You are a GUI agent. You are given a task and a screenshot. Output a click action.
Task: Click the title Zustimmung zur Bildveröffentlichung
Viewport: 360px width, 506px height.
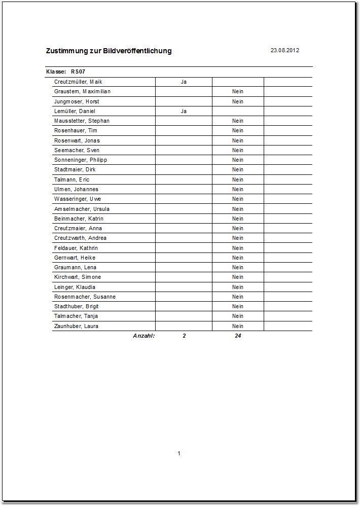(x=109, y=51)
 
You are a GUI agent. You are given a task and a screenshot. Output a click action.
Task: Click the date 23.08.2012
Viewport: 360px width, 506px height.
(x=285, y=50)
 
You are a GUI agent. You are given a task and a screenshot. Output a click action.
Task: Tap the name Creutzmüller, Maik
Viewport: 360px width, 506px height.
(x=78, y=82)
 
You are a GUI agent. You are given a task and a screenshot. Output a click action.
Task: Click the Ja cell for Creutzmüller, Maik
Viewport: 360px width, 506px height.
(x=184, y=82)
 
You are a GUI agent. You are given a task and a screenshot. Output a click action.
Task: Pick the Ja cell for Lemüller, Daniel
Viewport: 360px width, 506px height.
(x=184, y=111)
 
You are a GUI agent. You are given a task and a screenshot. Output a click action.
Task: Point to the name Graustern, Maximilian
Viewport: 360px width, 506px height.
(x=82, y=91)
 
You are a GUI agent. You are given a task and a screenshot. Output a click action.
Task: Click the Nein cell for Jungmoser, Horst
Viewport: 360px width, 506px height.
(x=238, y=101)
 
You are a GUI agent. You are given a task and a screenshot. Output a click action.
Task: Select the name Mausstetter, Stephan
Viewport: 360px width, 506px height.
(x=82, y=121)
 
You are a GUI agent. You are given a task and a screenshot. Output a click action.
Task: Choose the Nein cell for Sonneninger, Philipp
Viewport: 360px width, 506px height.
(x=238, y=160)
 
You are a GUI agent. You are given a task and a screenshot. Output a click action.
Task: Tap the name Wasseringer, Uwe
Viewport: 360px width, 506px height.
(x=78, y=199)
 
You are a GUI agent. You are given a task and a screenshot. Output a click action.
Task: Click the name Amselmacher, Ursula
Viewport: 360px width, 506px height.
(x=82, y=209)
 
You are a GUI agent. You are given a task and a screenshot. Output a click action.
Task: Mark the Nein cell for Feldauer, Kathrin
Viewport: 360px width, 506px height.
(x=238, y=248)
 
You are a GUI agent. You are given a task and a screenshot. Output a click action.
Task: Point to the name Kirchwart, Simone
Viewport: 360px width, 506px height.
(x=78, y=277)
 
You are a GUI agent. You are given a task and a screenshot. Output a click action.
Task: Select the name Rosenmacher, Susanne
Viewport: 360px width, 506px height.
(x=85, y=297)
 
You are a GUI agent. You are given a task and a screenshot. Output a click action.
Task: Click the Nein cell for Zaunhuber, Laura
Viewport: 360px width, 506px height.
(x=238, y=326)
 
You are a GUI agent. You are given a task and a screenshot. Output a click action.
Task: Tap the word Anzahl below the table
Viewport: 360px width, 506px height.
(x=143, y=336)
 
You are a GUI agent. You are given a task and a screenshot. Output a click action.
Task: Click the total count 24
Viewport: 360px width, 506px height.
(x=238, y=336)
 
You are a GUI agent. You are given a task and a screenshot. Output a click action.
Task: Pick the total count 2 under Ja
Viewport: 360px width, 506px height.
(x=184, y=336)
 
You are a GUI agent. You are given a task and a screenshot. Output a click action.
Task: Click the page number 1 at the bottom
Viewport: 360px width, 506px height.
(x=179, y=453)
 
